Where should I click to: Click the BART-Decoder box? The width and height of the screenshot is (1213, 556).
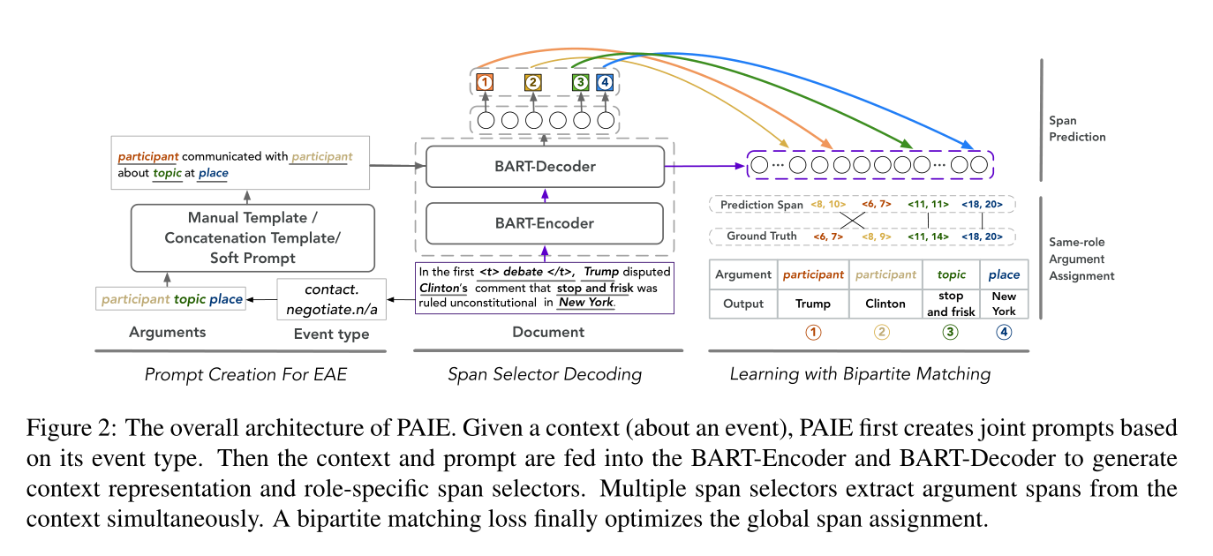(x=544, y=166)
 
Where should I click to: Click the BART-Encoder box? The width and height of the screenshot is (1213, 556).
(x=544, y=223)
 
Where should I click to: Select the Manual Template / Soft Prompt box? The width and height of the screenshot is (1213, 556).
(x=252, y=237)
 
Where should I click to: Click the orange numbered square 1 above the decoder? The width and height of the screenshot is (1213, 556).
(x=484, y=83)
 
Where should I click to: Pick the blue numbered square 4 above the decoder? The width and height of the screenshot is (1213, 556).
(x=605, y=83)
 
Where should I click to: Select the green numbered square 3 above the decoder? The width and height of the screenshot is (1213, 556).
(x=580, y=83)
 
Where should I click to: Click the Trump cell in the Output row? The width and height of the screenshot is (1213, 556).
(x=813, y=304)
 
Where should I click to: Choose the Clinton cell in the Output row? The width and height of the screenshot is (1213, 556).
(x=885, y=304)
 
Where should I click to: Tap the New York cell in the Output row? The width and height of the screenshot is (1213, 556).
(x=1004, y=304)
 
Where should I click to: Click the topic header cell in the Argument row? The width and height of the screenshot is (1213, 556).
(x=951, y=274)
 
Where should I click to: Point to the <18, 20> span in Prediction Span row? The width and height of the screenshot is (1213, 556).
(x=987, y=205)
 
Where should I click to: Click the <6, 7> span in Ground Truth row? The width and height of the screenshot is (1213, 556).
(x=831, y=237)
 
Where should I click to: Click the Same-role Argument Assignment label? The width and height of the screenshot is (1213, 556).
(x=1081, y=259)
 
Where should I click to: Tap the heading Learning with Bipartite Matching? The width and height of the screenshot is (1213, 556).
(x=860, y=374)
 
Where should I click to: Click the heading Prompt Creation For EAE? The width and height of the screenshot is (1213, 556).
(x=245, y=374)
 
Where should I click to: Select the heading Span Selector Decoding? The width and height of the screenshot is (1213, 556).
(x=544, y=374)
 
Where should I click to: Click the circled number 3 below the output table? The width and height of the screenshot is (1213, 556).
(x=950, y=333)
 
